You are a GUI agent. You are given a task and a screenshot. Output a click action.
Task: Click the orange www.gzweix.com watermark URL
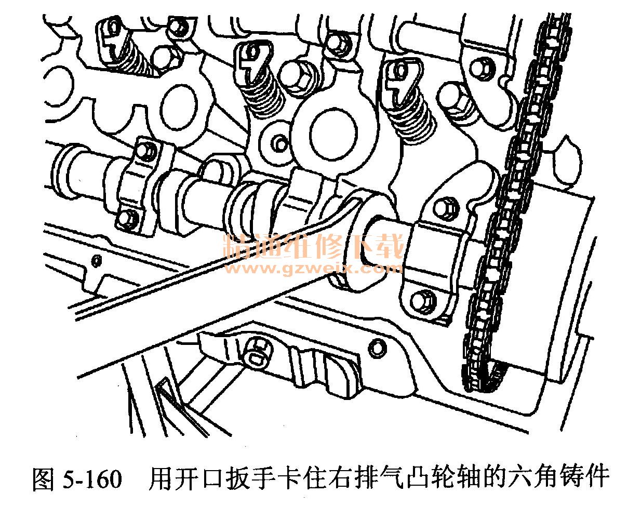(313, 268)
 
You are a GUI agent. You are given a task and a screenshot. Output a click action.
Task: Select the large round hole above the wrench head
(332, 133)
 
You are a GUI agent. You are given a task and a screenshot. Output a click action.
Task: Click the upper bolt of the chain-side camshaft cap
(446, 208)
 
